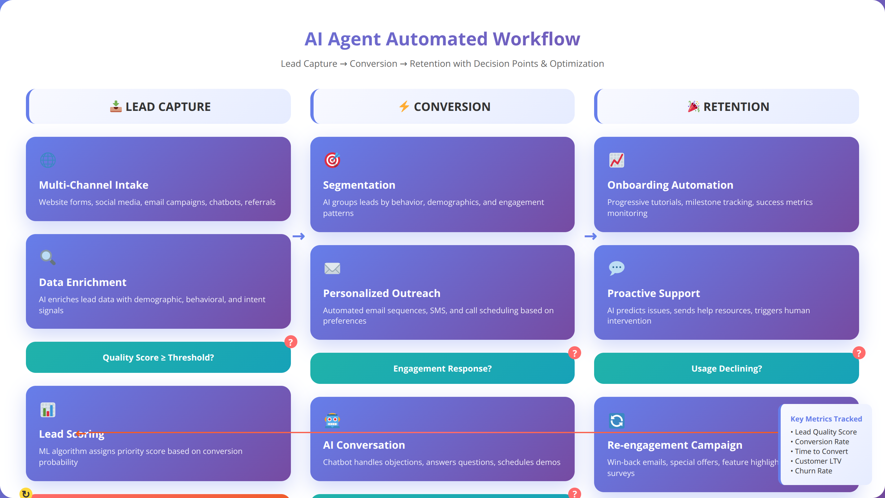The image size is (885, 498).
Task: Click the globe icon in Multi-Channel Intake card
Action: coord(48,160)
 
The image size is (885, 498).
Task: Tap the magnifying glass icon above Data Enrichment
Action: coord(48,257)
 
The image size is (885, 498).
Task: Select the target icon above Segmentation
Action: coord(332,160)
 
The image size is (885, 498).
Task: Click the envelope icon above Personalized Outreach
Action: coord(332,268)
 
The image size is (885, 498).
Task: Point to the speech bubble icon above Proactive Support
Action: coord(617,268)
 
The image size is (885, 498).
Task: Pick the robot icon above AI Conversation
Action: coord(332,420)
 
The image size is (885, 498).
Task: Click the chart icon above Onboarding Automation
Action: coord(617,160)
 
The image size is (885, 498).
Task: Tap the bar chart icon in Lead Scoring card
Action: coord(48,409)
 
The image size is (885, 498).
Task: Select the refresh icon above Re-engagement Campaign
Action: coord(617,420)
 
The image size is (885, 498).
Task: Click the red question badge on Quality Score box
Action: coord(291,342)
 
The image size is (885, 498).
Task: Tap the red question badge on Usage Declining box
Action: coord(859,353)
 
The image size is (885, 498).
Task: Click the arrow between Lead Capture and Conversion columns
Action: coord(299,236)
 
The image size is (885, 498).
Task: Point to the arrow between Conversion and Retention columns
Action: coord(591,236)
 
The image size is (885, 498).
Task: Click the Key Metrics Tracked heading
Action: coord(826,419)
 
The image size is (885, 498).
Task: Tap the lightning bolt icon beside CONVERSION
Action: coord(404,107)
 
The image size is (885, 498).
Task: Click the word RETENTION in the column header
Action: coord(736,107)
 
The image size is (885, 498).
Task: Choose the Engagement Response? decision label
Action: coord(442,368)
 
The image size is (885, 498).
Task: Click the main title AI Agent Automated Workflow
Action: coord(442,39)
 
